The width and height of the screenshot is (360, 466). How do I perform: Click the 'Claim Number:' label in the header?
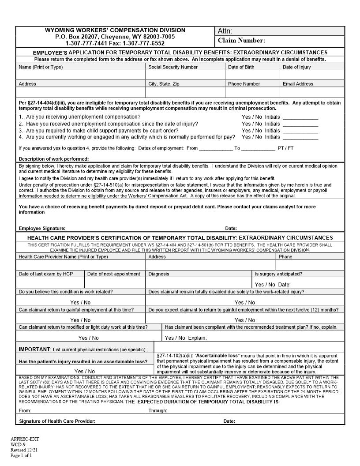tap(241, 41)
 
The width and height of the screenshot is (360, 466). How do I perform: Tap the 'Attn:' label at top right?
tap(225, 31)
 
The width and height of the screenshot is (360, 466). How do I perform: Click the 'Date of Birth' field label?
tap(241, 67)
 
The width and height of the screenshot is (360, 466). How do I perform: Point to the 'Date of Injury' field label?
tap(296, 67)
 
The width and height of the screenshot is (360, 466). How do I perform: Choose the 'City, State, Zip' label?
tap(164, 84)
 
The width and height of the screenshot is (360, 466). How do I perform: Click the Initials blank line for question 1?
tap(300, 117)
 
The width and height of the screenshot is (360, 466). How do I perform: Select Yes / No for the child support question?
tap(251, 131)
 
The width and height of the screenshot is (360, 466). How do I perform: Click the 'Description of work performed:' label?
tap(54, 159)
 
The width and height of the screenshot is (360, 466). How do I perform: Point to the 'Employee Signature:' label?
tap(42, 229)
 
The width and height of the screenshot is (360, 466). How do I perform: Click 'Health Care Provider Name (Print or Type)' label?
tap(63, 257)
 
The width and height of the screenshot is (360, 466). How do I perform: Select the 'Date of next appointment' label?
tap(113, 274)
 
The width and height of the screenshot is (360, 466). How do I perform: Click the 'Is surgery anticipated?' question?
tap(278, 274)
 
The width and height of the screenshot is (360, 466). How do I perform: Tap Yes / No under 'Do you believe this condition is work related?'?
tap(80, 303)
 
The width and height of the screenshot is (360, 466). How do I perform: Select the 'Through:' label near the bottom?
tap(157, 411)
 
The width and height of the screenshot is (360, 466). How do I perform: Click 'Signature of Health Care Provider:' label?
tap(57, 421)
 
